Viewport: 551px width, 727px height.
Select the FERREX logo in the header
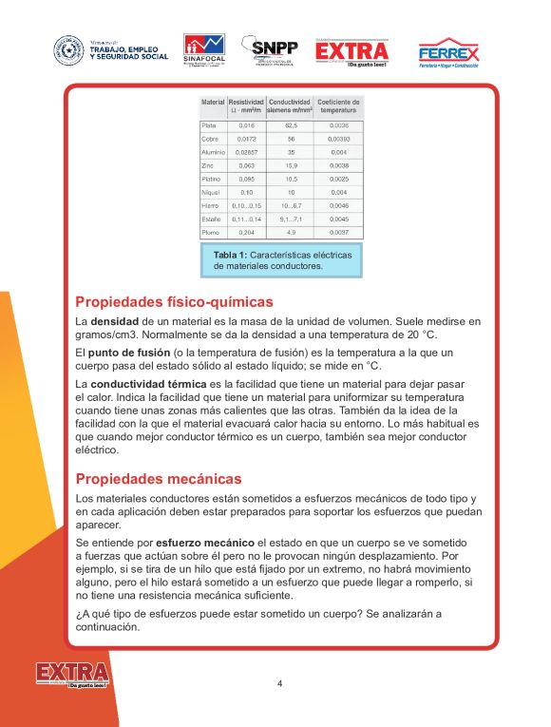448,51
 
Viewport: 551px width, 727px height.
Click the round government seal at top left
68,50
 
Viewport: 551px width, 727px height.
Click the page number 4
279,683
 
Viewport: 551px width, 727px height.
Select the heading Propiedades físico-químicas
173,302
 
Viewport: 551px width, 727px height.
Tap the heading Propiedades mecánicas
159,479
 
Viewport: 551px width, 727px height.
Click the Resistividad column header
246,105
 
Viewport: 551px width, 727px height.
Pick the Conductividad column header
290,105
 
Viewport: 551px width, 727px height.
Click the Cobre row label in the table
211,139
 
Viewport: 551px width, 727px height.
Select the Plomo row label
211,232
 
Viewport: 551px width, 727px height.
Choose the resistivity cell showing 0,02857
246,152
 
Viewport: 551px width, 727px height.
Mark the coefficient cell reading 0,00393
338,139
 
